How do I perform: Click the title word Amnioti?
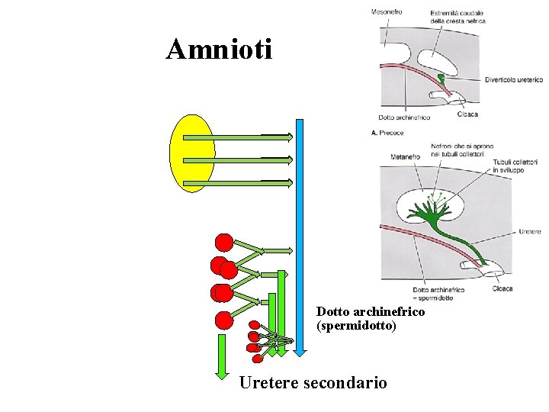coord(219,50)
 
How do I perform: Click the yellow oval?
coord(192,153)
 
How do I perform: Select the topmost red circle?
coord(224,243)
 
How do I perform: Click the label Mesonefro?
coord(387,11)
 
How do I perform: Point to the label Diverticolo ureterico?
coord(514,80)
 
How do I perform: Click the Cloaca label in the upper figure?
coord(467,114)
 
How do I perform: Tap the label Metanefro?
coord(405,157)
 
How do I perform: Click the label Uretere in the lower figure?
coord(529,231)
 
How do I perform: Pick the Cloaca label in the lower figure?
coord(502,288)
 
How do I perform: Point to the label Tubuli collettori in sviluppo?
coord(515,166)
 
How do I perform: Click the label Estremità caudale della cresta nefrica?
coord(457,17)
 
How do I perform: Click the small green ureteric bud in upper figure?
coord(441,77)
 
